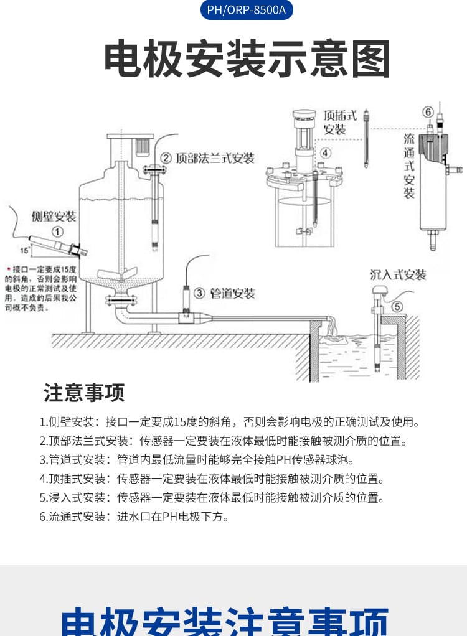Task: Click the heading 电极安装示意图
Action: coord(247,59)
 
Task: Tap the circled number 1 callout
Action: coord(57,231)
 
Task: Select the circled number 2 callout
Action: coord(166,158)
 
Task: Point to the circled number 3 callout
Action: coord(199,292)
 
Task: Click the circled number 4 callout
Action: coord(326,152)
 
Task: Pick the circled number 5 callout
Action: coord(397,306)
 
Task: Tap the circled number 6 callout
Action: coord(428,112)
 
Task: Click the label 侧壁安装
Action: coord(54,217)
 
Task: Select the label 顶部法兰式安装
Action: coord(215,158)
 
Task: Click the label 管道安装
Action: coord(232,293)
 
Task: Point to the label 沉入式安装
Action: coord(398,274)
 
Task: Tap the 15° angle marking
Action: coord(25,250)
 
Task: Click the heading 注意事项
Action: coord(84,393)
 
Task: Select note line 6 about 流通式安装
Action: coord(134,516)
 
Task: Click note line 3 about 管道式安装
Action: coord(197,460)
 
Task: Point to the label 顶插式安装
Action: coord(340,122)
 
